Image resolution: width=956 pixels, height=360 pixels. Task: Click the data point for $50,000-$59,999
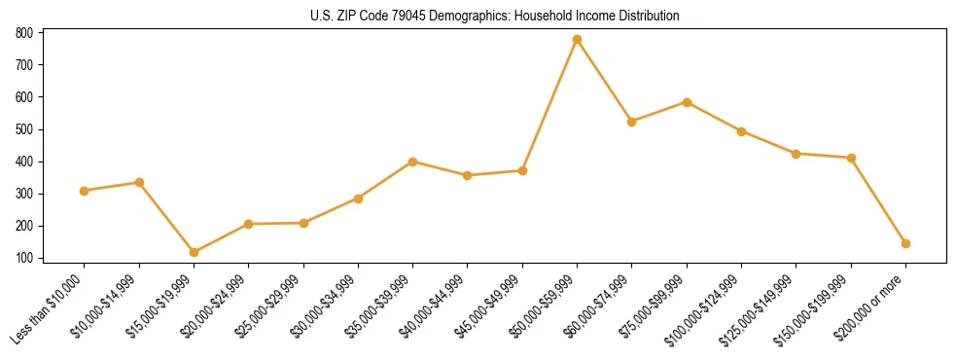[x=577, y=40]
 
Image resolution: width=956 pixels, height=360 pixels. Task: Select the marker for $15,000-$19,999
[x=194, y=252]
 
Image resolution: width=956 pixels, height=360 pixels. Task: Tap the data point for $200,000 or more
[x=905, y=243]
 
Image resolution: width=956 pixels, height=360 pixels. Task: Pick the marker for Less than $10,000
[x=85, y=191]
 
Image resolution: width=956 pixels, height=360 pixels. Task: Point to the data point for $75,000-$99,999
[x=687, y=102]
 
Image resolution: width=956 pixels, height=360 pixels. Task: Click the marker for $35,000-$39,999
[x=412, y=162]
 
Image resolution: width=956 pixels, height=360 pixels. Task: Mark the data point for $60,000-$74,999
[x=632, y=122]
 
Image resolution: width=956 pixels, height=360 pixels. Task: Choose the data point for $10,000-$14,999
[x=139, y=182]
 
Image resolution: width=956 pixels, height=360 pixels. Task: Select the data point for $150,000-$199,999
[x=851, y=158]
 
